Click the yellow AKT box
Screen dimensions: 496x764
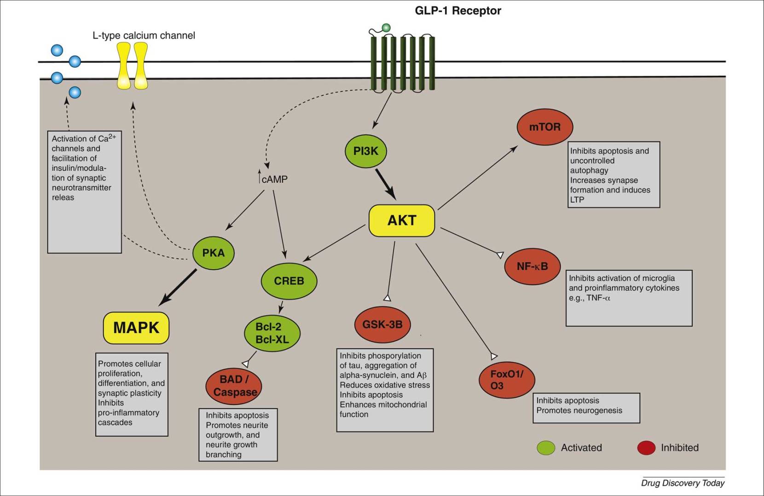[x=402, y=220]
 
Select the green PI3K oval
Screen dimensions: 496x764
[x=366, y=151]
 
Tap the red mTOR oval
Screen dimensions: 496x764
[x=545, y=127]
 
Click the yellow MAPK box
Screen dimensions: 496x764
[x=136, y=328]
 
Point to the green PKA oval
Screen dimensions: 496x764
[x=214, y=253]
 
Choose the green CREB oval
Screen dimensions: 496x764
[x=289, y=281]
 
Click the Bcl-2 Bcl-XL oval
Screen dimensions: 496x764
[x=272, y=333]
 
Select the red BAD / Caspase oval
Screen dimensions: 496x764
[x=234, y=386]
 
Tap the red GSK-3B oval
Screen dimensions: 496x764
[x=382, y=324]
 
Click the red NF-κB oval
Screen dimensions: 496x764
[x=532, y=266]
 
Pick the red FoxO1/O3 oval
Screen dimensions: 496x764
[x=507, y=381]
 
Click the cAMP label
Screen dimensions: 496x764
[x=274, y=179]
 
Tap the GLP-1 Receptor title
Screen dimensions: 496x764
[x=458, y=11]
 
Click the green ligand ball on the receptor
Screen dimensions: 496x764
[x=386, y=28]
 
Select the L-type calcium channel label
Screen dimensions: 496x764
[x=144, y=35]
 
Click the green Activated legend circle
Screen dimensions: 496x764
[x=546, y=448]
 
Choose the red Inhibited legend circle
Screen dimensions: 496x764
[x=646, y=448]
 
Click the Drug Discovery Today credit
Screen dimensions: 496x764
[x=683, y=483]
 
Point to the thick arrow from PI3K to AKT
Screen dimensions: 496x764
[x=385, y=184]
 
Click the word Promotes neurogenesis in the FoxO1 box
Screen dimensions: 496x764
[x=579, y=410]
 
